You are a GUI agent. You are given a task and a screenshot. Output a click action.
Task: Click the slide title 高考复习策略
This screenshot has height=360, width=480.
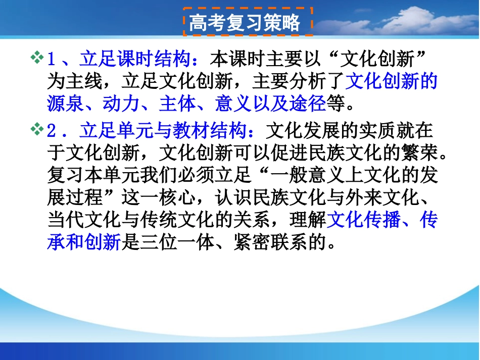(x=245, y=23)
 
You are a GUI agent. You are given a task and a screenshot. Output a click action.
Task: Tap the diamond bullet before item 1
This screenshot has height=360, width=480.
(x=37, y=58)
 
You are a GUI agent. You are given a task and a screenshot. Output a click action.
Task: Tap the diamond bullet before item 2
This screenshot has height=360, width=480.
(x=37, y=130)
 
